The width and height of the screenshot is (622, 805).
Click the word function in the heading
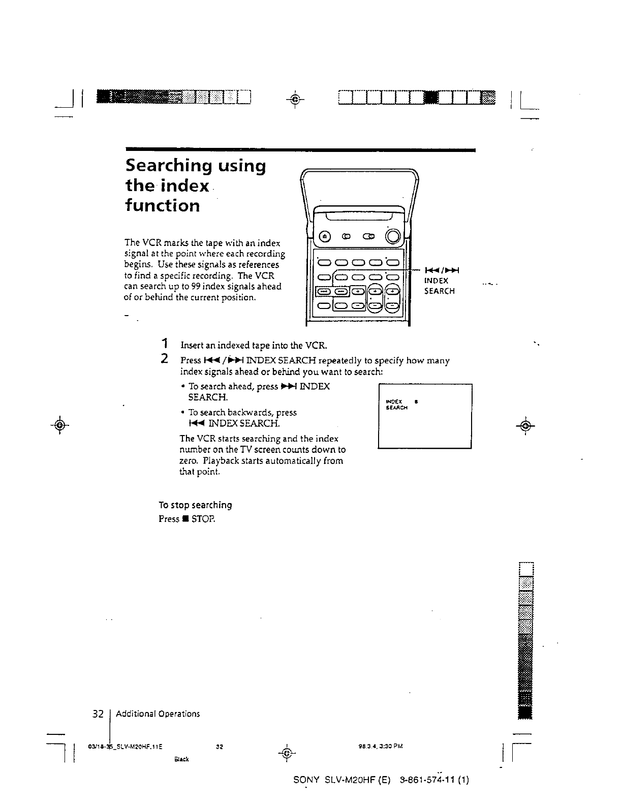click(x=163, y=206)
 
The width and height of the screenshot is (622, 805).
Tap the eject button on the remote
click(x=324, y=236)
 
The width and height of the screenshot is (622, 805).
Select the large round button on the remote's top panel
click(x=393, y=236)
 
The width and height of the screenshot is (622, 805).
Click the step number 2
click(x=164, y=359)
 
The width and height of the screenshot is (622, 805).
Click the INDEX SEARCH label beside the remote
click(x=439, y=286)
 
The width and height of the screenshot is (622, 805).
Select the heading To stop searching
click(x=195, y=505)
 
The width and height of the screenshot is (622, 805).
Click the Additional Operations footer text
click(x=158, y=714)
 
